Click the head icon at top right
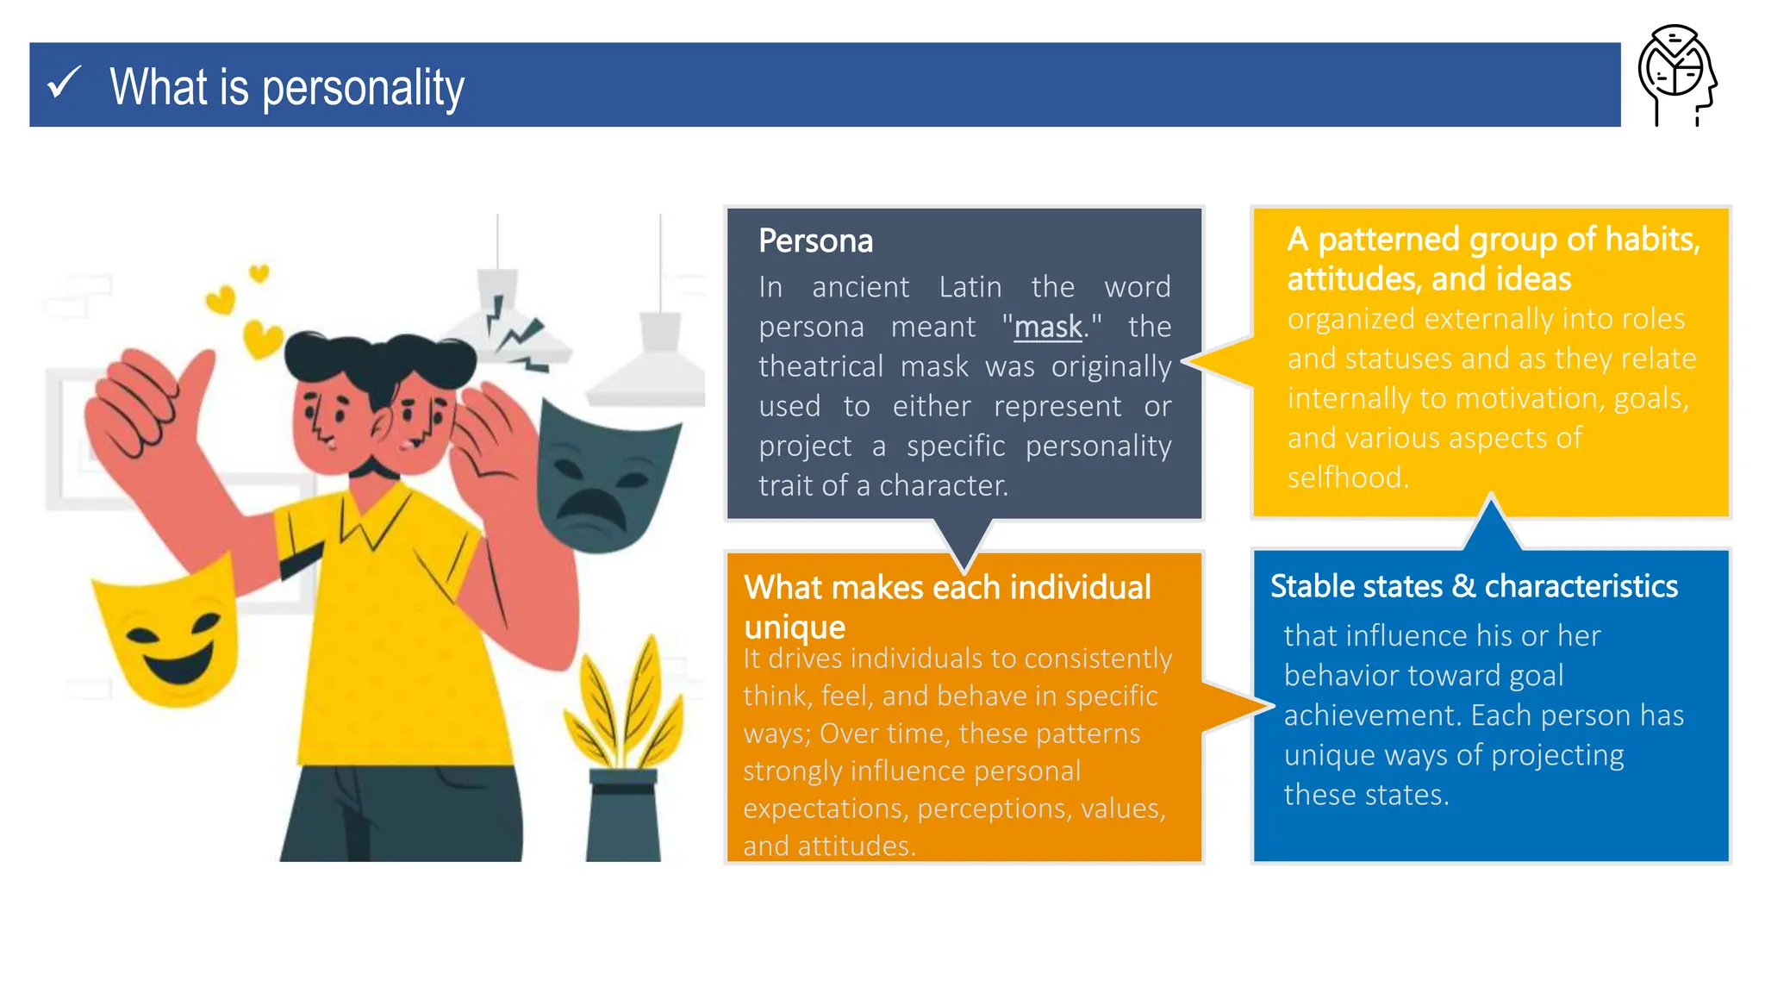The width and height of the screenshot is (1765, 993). pyautogui.click(x=1676, y=75)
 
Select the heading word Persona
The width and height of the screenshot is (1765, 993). pyautogui.click(x=815, y=241)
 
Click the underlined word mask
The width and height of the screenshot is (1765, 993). pyautogui.click(x=1047, y=328)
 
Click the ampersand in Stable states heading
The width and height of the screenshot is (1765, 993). pyautogui.click(x=1463, y=586)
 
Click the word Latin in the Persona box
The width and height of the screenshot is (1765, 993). pyautogui.click(x=970, y=287)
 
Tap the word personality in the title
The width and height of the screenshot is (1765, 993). pyautogui.click(x=363, y=88)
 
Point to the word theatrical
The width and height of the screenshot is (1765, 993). pyautogui.click(x=820, y=367)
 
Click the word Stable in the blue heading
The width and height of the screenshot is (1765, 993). pyautogui.click(x=1313, y=586)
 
